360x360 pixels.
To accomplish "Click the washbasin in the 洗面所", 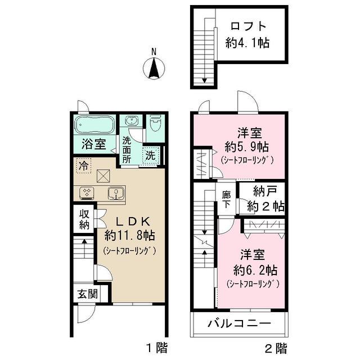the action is pyautogui.click(x=132, y=120).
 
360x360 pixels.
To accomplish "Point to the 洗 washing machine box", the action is pyautogui.click(x=151, y=155).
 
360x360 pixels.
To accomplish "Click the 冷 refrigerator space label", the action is pyautogui.click(x=83, y=165).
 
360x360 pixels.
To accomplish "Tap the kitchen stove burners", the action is pyautogui.click(x=87, y=192).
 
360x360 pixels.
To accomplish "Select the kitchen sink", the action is pyautogui.click(x=116, y=193).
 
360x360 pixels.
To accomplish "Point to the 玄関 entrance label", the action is pyautogui.click(x=88, y=294).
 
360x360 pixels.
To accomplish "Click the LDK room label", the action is pyautogui.click(x=133, y=222).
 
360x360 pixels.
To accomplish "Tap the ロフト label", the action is pyautogui.click(x=248, y=26).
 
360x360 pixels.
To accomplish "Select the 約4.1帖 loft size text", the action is pyautogui.click(x=247, y=43).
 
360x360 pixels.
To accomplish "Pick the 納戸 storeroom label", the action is pyautogui.click(x=265, y=191).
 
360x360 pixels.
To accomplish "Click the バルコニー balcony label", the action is pyautogui.click(x=240, y=324).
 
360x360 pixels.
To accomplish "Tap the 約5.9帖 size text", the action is pyautogui.click(x=247, y=147).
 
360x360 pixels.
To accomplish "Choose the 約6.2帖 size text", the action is pyautogui.click(x=255, y=271).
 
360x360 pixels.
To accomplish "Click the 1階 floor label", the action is pyautogui.click(x=157, y=348).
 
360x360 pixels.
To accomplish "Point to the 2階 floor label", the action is pyautogui.click(x=276, y=348).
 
